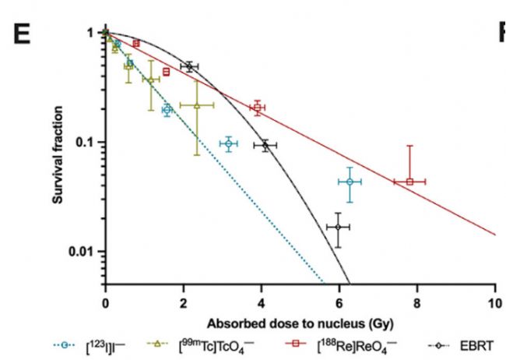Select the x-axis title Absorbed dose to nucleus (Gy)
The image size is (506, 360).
pyautogui.click(x=300, y=322)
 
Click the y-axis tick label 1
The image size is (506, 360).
pyautogui.click(x=90, y=33)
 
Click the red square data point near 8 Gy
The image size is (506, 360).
pyautogui.click(x=409, y=182)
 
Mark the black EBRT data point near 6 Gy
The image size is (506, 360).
pyautogui.click(x=338, y=227)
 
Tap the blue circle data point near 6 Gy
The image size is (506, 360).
pyautogui.click(x=350, y=182)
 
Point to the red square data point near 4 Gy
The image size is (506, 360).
pyautogui.click(x=257, y=108)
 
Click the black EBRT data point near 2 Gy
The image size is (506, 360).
pyautogui.click(x=188, y=66)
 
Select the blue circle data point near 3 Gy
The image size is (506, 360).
pyautogui.click(x=228, y=143)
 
